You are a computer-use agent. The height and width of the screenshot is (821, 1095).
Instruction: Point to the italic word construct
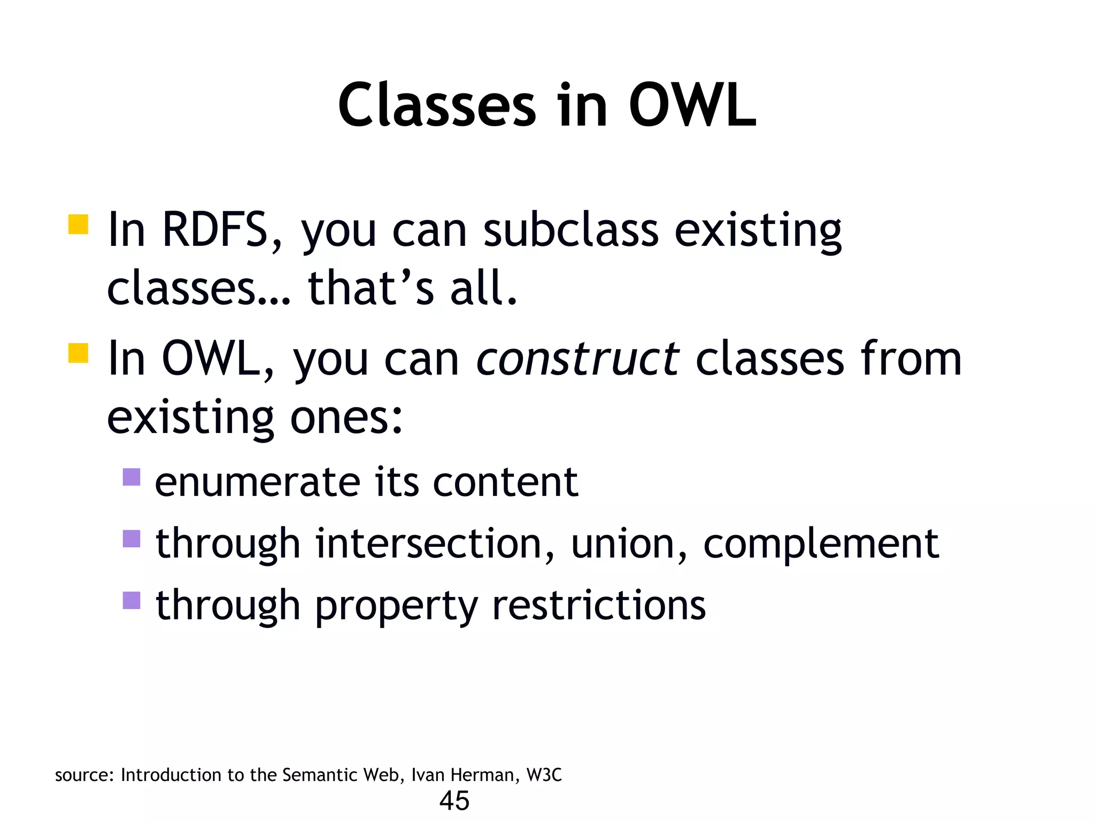coord(577,359)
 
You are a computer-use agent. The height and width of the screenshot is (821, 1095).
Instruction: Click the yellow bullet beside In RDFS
coord(78,224)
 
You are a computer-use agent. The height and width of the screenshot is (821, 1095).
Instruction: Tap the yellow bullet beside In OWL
coord(78,353)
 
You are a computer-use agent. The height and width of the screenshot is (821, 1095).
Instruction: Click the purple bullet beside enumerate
coord(131,477)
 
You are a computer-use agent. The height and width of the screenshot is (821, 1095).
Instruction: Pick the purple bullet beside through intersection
coord(131,539)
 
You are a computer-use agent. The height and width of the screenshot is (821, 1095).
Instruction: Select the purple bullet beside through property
coord(131,600)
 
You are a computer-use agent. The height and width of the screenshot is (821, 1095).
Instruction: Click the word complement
coord(821,544)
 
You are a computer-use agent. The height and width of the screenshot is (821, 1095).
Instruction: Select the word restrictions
coord(599,606)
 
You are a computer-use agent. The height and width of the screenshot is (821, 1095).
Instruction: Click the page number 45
coord(454,801)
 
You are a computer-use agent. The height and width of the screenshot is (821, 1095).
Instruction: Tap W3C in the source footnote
coord(544,775)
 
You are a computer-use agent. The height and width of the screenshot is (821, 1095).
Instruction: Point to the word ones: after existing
coord(346,418)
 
